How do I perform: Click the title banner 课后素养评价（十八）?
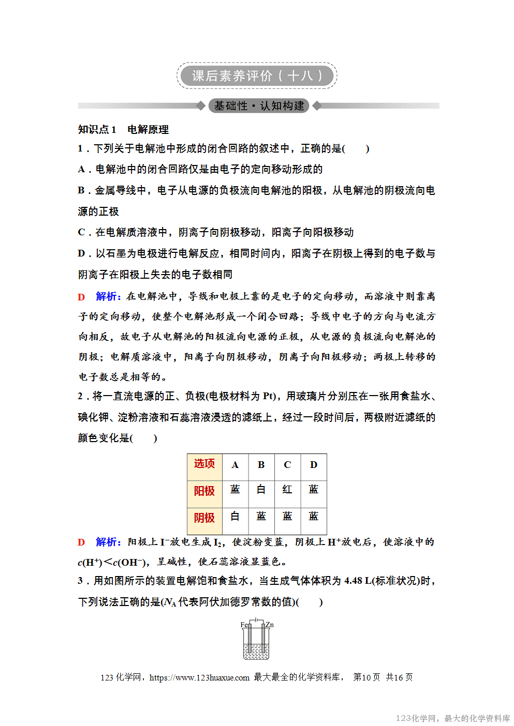(257, 76)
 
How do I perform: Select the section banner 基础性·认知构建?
(259, 106)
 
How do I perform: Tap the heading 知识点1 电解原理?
(123, 129)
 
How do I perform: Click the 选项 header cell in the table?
(204, 464)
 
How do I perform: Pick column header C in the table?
(287, 465)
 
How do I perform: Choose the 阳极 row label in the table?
(204, 491)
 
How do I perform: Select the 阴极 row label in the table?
(204, 518)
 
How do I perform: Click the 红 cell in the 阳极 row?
(287, 490)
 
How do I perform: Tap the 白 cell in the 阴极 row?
(235, 516)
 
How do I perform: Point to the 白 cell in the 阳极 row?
(261, 490)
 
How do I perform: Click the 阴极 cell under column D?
(314, 516)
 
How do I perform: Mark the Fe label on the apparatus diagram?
(244, 625)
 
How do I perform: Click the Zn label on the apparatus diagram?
(270, 625)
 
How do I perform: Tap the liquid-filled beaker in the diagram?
(256, 651)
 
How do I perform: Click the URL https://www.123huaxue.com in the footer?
(199, 677)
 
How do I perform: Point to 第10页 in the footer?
(366, 677)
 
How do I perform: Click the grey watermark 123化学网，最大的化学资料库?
(453, 718)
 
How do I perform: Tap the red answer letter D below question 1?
(81, 297)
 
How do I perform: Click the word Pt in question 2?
(269, 396)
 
